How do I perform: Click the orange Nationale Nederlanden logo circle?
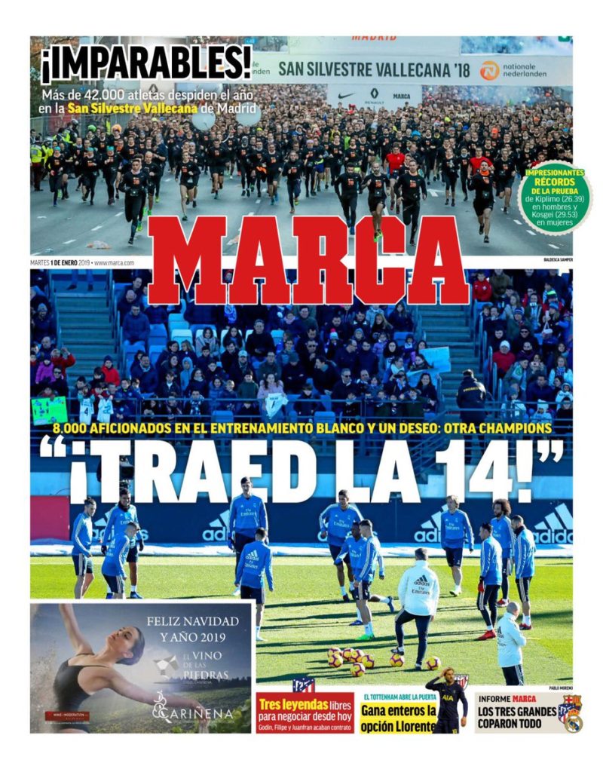click(x=489, y=70)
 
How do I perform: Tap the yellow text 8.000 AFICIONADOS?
click(x=124, y=428)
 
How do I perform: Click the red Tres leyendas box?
click(x=305, y=712)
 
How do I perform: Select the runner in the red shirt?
click(x=395, y=162)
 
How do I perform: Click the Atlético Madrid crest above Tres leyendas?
click(x=304, y=685)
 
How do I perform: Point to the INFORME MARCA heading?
click(x=508, y=698)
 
